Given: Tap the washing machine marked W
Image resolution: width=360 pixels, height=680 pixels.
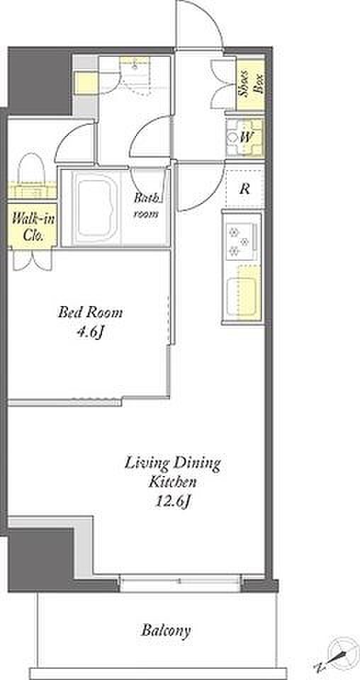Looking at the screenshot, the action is point(244,137).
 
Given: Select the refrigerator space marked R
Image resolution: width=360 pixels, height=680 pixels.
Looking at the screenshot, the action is point(245,188).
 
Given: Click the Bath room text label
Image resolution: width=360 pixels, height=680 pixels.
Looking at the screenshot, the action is point(146,206).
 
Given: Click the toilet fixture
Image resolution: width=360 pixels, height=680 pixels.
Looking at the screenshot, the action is point(32,174).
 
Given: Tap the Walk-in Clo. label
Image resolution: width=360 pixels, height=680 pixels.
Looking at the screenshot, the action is point(33,225).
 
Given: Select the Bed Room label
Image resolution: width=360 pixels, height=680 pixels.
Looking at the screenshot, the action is point(90,312).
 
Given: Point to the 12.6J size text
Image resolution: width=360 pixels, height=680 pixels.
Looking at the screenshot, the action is point(172,501).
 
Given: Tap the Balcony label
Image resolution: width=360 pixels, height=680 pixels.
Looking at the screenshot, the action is point(166,630).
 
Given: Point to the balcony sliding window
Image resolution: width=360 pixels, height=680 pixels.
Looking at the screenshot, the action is point(179,582).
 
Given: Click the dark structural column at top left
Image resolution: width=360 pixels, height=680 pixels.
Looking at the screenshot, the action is point(40,81).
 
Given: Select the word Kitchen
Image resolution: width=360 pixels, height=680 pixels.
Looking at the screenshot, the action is point(173,482).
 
